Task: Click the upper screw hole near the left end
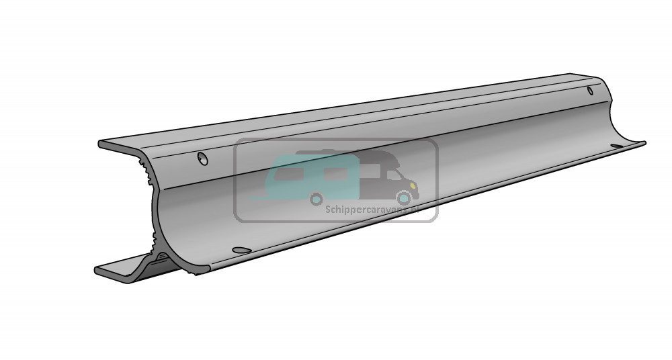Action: pos(201,159)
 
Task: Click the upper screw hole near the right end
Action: pos(590,91)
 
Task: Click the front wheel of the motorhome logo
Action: pos(403,197)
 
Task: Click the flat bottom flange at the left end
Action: pos(114,271)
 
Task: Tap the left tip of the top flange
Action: pos(101,144)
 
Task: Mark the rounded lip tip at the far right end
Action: pos(642,142)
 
